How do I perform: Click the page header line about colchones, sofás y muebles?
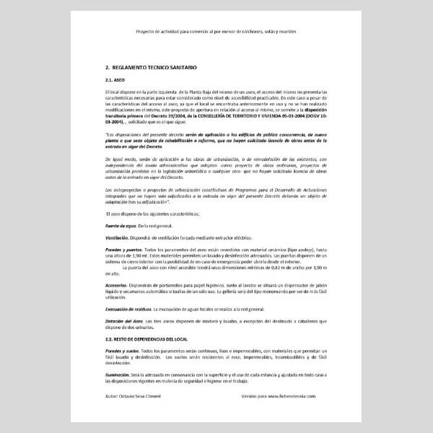tap(216, 32)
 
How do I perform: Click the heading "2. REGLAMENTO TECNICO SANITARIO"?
tap(150, 66)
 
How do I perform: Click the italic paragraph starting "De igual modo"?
tap(216, 170)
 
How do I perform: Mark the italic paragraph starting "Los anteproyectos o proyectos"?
tap(216, 197)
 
